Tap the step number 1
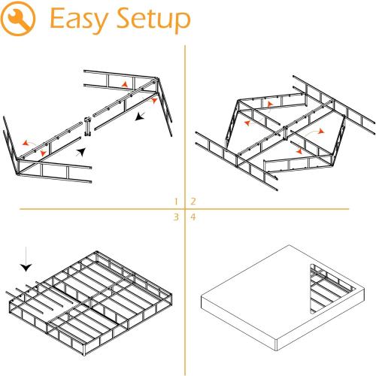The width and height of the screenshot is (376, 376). tap(175, 202)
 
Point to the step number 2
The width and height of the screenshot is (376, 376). tap(193, 202)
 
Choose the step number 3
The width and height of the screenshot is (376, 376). tap(175, 217)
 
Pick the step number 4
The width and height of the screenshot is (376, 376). tap(193, 217)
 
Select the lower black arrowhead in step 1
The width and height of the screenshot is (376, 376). tap(81, 153)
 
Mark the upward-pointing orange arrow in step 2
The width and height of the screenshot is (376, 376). tap(268, 104)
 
